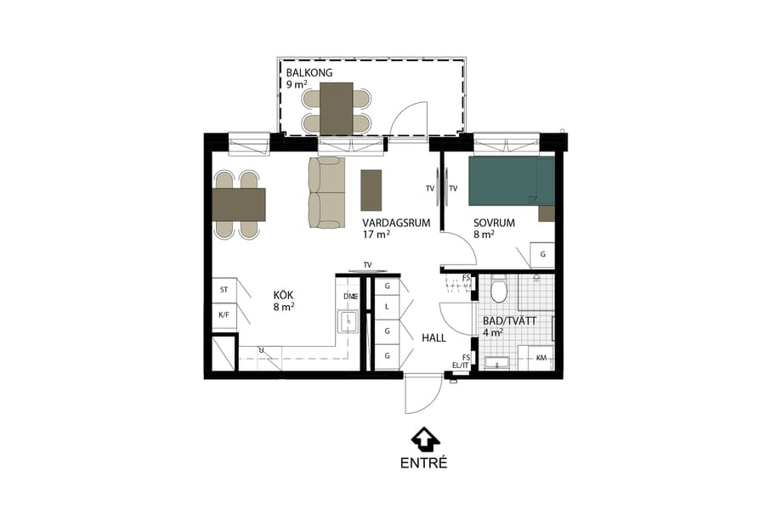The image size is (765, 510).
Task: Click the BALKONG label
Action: [x=309, y=73]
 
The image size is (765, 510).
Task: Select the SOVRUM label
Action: [x=495, y=223]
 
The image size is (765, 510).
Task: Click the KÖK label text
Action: [x=283, y=295]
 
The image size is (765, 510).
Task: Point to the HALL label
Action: [x=433, y=337]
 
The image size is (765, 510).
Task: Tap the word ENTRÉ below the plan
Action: [x=423, y=463]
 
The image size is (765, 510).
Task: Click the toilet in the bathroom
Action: [x=499, y=292]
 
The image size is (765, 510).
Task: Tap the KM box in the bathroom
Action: [x=541, y=359]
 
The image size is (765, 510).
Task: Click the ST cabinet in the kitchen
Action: [x=224, y=290]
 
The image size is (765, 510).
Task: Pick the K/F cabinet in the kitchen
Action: [x=224, y=315]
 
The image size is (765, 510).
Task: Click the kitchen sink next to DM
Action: [x=348, y=321]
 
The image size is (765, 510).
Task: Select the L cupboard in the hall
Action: [x=387, y=307]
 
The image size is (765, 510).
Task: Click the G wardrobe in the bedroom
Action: [x=542, y=255]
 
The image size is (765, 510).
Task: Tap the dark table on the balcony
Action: [x=337, y=108]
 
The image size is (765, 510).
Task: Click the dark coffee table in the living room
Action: [x=371, y=190]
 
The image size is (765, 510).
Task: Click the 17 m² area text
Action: [x=376, y=235]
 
